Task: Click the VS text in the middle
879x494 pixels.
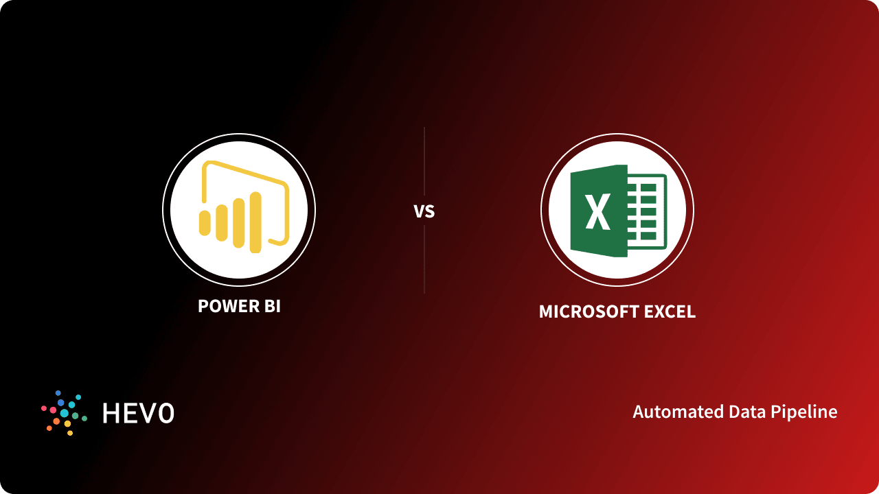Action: pos(424,211)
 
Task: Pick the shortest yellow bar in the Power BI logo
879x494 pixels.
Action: pos(205,223)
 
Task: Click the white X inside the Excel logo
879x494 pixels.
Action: pos(598,211)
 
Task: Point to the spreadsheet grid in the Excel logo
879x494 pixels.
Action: pos(647,210)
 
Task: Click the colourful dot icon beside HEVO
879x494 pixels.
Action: pos(64,413)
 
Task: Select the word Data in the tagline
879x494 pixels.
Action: pos(731,412)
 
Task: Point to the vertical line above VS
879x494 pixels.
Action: pos(424,161)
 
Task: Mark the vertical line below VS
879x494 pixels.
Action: pos(424,259)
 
